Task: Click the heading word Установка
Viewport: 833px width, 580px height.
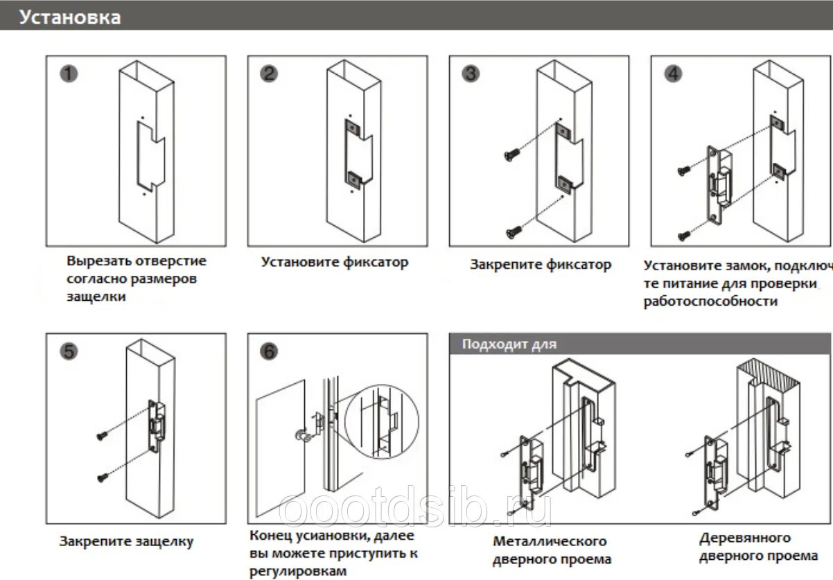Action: [69, 17]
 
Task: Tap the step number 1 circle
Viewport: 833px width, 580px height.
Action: [68, 73]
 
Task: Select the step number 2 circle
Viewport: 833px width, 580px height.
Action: [270, 73]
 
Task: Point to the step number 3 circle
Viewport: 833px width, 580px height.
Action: [471, 73]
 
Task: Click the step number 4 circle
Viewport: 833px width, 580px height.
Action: [673, 73]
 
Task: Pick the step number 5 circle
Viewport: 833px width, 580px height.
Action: [68, 351]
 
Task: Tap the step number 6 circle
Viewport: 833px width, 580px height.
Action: [270, 351]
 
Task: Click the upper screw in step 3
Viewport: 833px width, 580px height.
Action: [512, 155]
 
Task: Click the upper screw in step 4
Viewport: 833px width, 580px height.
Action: [684, 168]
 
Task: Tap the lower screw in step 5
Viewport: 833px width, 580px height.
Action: [103, 476]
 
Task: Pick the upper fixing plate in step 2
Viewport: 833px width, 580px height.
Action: [353, 129]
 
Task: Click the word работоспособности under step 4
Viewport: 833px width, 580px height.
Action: [710, 301]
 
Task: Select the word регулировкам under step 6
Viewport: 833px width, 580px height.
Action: [297, 571]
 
